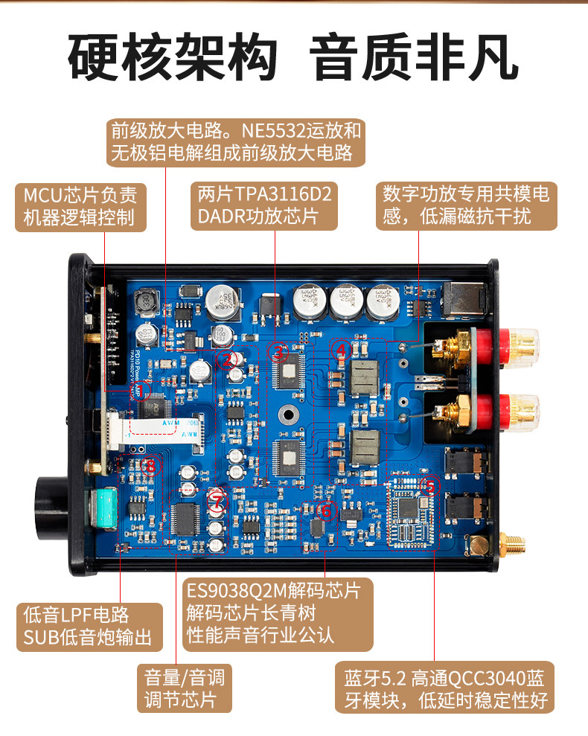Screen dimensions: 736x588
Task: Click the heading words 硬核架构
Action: point(173,57)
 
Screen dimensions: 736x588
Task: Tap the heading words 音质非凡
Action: point(415,57)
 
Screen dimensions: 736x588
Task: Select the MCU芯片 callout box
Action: point(80,207)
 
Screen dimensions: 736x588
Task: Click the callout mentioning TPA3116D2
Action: point(265,205)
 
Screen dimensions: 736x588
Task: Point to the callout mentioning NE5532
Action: point(236,144)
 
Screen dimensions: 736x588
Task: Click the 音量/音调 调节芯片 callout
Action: point(185,688)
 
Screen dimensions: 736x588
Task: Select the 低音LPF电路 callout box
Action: point(88,626)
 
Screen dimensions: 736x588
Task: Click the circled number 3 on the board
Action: point(279,353)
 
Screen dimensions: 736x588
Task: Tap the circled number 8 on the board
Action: point(151,467)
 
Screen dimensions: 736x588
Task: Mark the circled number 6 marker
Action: point(325,511)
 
